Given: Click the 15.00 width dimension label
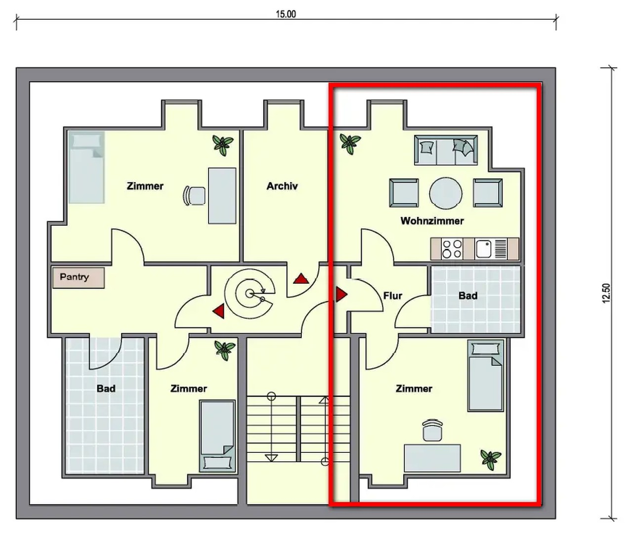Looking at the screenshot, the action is (286, 14).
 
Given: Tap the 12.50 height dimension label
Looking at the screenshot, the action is (606, 293).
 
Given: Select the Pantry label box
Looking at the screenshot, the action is (79, 278).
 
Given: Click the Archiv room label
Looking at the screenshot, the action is (282, 186).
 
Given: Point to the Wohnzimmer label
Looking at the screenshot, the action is (432, 221).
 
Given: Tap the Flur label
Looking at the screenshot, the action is (392, 296).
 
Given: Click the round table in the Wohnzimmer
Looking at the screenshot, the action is (446, 193).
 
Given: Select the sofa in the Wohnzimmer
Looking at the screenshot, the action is (446, 150).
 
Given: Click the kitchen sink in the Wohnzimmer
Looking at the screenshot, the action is (483, 249).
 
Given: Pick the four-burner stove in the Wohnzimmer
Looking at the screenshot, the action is (452, 249).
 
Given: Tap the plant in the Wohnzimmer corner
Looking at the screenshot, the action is (350, 144).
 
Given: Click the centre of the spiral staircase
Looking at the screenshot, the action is (250, 294).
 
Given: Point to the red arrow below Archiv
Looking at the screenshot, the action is (301, 278).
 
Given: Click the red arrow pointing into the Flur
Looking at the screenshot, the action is (341, 294).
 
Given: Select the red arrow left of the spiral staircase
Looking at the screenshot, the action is (218, 311).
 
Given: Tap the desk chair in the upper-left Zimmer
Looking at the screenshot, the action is (194, 195).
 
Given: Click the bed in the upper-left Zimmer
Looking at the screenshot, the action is (86, 168).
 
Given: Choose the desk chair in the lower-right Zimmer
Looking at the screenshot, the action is (432, 430).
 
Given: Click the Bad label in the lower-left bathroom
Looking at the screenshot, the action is (106, 389).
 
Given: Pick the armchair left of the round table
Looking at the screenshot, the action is (404, 193).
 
